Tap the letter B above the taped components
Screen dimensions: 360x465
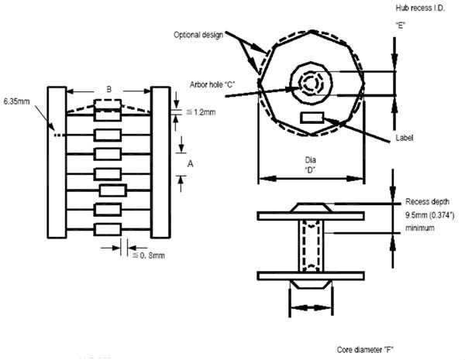108,90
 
